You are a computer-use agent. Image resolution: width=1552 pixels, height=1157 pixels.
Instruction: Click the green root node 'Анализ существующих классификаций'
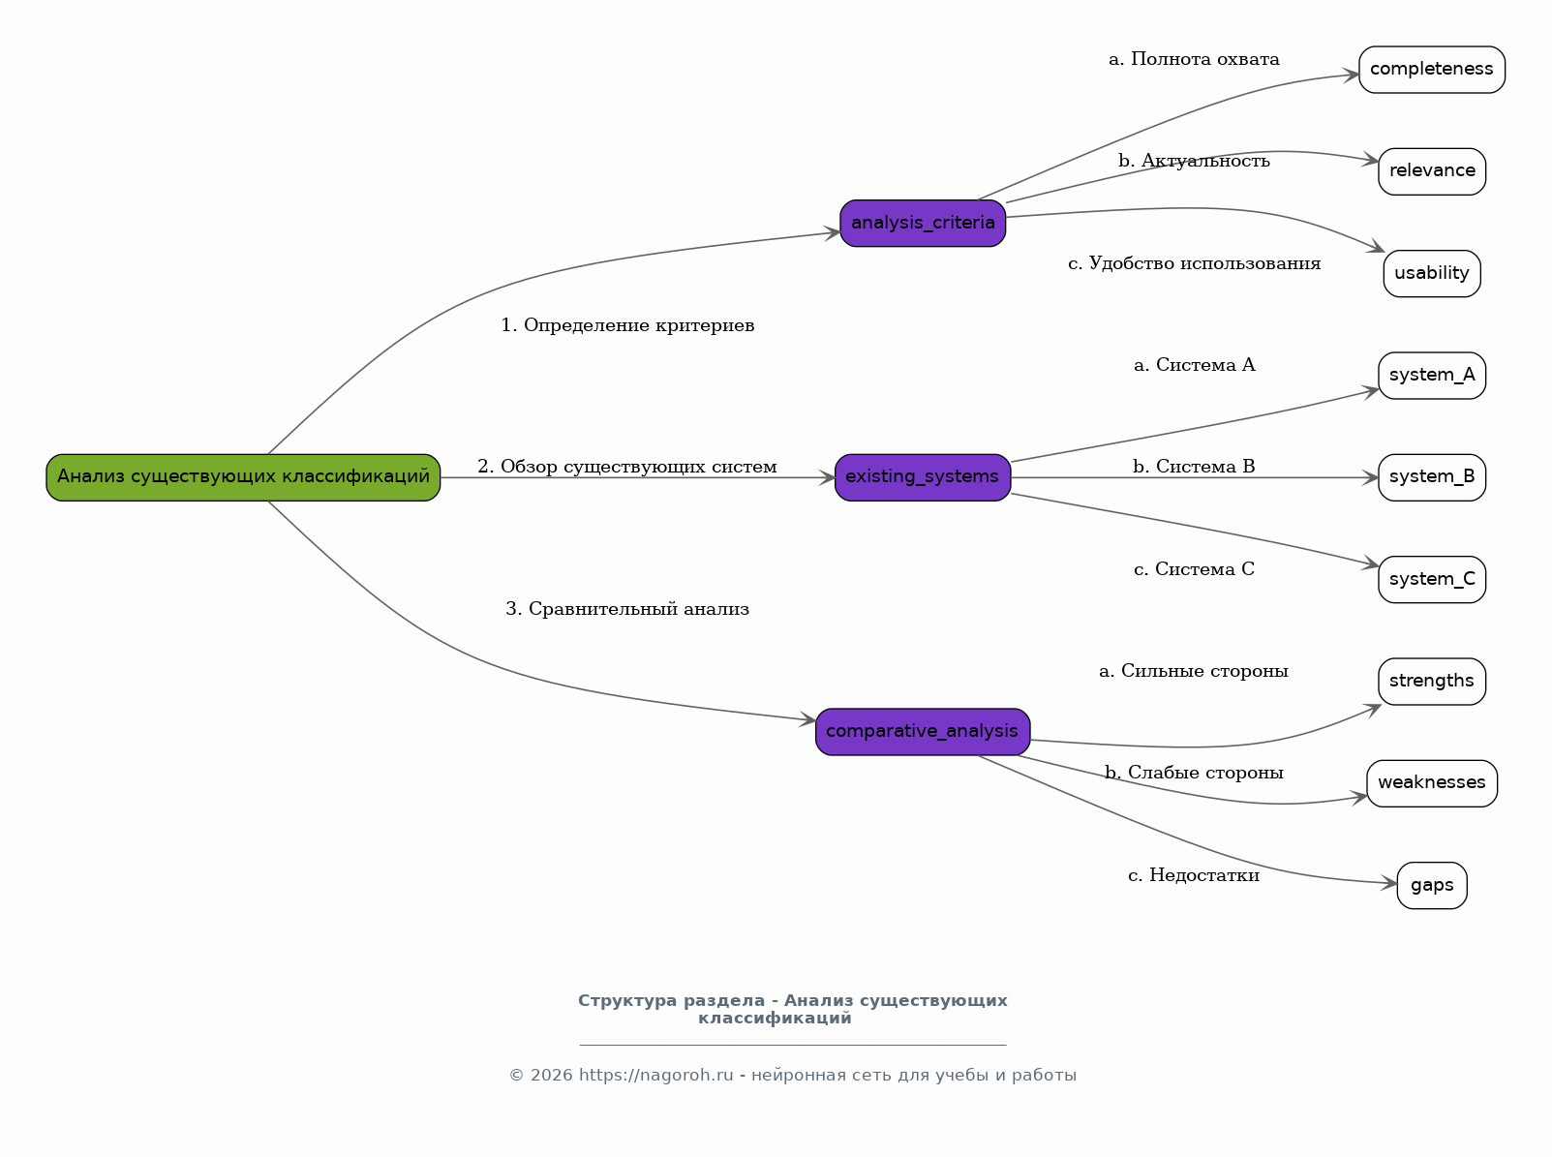[243, 477]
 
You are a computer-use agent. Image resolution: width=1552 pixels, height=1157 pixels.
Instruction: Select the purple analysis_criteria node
[923, 224]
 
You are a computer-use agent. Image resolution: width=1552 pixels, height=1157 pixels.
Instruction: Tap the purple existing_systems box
[923, 477]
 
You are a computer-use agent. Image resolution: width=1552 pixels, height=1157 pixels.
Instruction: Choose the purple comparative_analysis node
[923, 732]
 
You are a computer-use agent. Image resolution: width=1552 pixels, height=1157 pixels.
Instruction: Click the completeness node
[1432, 70]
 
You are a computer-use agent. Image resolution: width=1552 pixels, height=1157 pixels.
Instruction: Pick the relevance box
[1432, 171]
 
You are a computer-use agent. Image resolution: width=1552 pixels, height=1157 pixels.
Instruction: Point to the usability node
[1432, 274]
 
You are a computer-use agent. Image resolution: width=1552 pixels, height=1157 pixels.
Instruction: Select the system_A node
[1432, 376]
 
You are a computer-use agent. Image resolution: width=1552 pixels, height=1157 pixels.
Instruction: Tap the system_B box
[1432, 477]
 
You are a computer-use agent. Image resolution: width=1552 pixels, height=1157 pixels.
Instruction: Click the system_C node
[1432, 580]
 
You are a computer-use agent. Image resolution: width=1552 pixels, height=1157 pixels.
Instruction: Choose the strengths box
[1432, 682]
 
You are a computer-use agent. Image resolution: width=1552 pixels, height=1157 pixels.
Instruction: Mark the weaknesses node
[1432, 783]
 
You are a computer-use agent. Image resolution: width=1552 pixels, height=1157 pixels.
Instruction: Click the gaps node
[1432, 886]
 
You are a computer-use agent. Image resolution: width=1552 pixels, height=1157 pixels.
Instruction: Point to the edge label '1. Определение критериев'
[628, 325]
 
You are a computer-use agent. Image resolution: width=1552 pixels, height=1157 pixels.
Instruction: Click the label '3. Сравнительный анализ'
[628, 609]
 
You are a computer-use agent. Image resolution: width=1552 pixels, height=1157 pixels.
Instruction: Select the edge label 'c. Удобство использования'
[1194, 263]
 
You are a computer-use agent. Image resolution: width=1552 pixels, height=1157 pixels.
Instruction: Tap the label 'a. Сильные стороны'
[1194, 671]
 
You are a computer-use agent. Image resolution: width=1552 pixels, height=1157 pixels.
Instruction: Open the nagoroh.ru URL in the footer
[656, 1075]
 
